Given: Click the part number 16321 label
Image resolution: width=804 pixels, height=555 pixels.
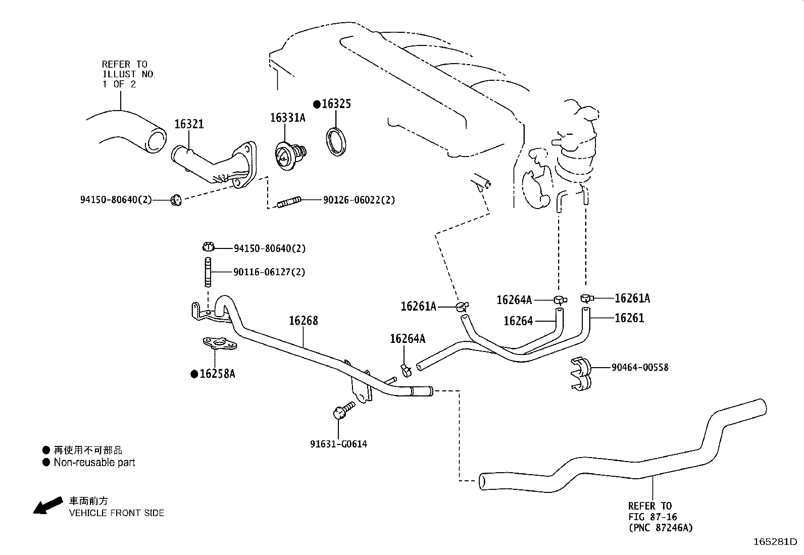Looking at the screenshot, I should [189, 124].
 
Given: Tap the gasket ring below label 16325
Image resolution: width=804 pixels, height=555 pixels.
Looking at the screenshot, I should [335, 142].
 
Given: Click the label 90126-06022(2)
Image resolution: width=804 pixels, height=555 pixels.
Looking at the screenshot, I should [359, 200].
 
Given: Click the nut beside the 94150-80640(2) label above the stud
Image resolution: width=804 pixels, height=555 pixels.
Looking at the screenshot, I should [208, 247].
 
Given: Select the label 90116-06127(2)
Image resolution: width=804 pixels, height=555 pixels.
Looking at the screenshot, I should [269, 272].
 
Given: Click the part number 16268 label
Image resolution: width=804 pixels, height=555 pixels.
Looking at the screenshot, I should [304, 321].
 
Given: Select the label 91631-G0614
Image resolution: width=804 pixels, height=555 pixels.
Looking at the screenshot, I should [338, 444].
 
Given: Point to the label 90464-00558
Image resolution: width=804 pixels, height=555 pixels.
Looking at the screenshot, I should [639, 368].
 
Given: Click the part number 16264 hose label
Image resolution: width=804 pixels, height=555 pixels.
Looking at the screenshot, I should [518, 321].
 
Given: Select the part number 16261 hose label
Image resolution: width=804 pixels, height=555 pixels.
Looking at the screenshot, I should [629, 318].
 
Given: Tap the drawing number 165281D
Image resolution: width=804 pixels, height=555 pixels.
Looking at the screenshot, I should [775, 542].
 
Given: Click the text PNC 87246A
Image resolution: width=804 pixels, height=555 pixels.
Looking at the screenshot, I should [661, 528].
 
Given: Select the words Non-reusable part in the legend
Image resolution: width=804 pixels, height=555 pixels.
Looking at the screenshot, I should [94, 462].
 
